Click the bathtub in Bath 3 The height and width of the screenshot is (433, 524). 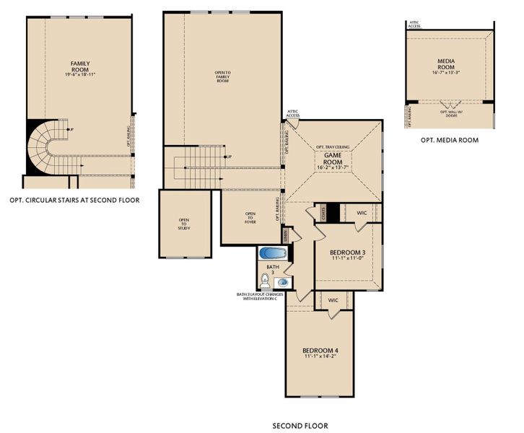(x=273, y=254)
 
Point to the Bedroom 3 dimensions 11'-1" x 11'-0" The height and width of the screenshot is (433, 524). (x=349, y=258)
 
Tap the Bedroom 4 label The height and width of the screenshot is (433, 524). (x=320, y=351)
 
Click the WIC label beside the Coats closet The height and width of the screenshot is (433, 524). (x=363, y=213)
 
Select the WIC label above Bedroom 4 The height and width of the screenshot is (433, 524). (x=333, y=299)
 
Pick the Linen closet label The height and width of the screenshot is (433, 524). (x=287, y=235)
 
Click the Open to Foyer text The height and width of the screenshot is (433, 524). (x=250, y=217)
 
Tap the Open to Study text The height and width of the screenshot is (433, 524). (x=185, y=224)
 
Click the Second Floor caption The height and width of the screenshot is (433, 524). (x=300, y=426)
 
